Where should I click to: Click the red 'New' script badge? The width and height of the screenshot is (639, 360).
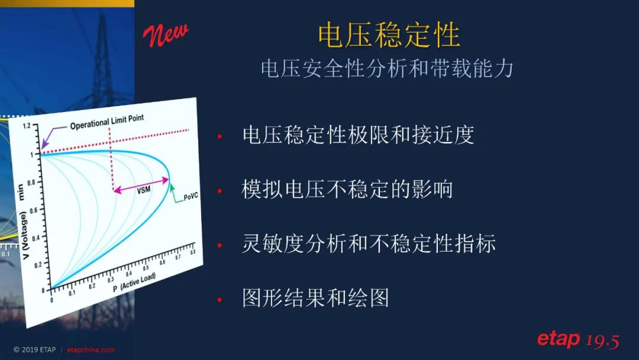(x=166, y=35)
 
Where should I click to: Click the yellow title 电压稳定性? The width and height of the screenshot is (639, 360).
(x=389, y=35)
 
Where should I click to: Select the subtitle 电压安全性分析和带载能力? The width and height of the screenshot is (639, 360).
(x=387, y=69)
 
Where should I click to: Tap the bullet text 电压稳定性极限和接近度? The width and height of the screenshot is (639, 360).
(x=358, y=135)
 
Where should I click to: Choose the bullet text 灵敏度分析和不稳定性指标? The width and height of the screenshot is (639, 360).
(x=369, y=243)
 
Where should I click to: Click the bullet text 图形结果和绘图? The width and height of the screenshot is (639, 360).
(x=315, y=298)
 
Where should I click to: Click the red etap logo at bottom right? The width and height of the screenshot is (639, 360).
(x=559, y=339)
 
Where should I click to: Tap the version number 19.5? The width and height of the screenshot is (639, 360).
(x=603, y=341)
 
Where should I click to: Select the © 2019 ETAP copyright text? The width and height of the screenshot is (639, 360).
(x=35, y=350)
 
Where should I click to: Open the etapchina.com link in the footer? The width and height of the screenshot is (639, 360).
(x=91, y=350)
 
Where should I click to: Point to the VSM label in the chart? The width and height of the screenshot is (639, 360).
(x=143, y=190)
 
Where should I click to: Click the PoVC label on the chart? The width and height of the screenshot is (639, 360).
(x=191, y=197)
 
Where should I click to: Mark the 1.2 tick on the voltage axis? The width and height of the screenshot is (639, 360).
(x=27, y=126)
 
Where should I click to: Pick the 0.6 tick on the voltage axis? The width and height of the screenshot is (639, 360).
(x=33, y=210)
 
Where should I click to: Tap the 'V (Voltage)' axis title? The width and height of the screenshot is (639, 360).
(x=24, y=235)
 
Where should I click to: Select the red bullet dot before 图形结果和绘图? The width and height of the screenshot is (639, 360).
(x=220, y=300)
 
